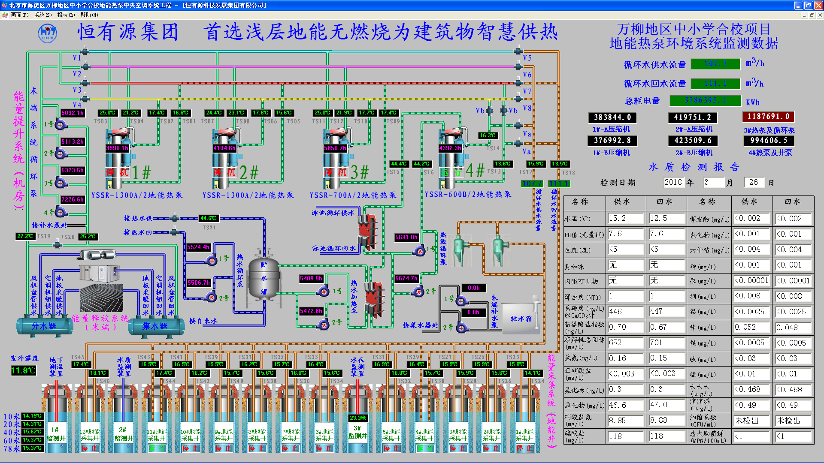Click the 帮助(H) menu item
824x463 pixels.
coord(89,15)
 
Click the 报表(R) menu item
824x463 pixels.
coord(66,15)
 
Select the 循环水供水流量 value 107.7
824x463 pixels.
coord(715,64)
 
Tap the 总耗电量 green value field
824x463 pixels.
coord(705,100)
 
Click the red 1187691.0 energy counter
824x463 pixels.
coord(768,117)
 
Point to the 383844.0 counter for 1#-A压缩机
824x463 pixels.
coord(612,117)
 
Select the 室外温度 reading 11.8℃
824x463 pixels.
coord(23,370)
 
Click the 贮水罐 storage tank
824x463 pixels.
coord(264,279)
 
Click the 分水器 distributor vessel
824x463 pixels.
coord(44,326)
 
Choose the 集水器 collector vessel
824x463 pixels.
coord(155,326)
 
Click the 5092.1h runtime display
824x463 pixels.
coord(72,113)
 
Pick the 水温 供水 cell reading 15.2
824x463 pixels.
coord(625,219)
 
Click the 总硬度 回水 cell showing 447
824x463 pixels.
coord(666,312)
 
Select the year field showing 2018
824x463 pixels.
coord(673,182)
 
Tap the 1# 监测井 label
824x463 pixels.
coord(56,434)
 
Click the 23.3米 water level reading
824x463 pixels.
coord(357,418)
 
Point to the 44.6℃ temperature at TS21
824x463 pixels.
coord(208,218)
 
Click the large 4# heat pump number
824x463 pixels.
coord(475,171)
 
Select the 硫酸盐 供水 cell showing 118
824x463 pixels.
coord(625,436)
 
